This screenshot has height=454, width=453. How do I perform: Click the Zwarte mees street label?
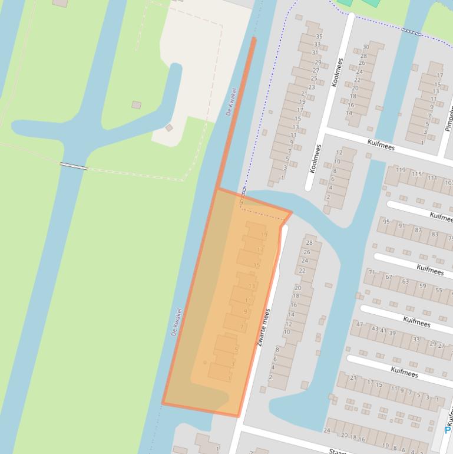(x=263, y=327)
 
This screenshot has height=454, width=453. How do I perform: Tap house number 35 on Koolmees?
(x=319, y=37)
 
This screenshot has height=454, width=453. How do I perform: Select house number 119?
(x=401, y=170)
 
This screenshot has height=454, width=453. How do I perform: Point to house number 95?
(x=386, y=222)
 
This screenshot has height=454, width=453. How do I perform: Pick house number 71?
(x=372, y=272)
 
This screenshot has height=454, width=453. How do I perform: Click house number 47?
(x=359, y=324)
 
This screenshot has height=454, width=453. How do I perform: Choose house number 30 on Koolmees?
(x=366, y=47)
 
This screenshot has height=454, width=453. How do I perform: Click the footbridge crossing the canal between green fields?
(x=74, y=166)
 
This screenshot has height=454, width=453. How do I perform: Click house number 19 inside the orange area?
(x=264, y=235)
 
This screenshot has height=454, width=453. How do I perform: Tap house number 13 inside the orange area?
(x=252, y=287)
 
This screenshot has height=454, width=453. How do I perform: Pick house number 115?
(x=416, y=175)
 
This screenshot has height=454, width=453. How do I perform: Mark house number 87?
(x=418, y=230)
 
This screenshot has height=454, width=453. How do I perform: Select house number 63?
(x=405, y=281)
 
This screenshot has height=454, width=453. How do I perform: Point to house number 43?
(x=375, y=328)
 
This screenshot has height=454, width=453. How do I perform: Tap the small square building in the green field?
(x=136, y=105)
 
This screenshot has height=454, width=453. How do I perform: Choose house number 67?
(x=389, y=277)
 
